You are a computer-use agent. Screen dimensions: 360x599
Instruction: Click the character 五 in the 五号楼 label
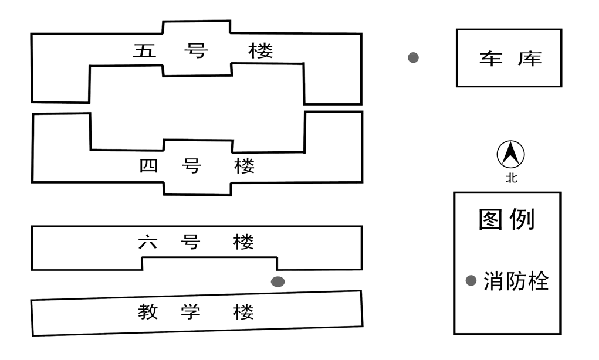tap(144, 50)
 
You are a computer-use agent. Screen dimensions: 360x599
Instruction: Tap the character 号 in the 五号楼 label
tap(195, 50)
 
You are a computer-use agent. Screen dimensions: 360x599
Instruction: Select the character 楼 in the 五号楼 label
tap(260, 50)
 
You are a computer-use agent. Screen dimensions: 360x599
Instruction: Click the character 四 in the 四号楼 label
tap(149, 166)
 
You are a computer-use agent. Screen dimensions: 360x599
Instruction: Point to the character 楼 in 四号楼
tap(245, 166)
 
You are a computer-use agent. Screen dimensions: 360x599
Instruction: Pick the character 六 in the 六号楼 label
tap(148, 242)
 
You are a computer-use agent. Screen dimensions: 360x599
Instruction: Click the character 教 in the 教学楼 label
tap(148, 311)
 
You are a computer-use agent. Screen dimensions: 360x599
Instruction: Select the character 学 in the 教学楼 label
tap(191, 311)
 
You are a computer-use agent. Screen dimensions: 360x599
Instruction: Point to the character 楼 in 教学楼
tap(243, 311)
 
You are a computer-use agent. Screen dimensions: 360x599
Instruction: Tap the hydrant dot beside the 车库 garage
tap(414, 57)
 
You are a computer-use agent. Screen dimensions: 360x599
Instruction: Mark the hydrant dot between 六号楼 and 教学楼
tap(278, 281)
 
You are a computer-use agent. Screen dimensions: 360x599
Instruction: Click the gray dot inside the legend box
tap(471, 281)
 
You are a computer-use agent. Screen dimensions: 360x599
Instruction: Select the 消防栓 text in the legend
tap(516, 281)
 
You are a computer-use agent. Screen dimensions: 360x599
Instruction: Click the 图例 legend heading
tap(506, 219)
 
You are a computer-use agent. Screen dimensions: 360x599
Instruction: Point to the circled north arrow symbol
tap(510, 154)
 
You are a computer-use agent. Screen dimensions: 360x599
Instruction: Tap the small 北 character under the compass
tap(512, 178)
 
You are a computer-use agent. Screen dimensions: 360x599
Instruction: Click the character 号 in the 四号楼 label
tap(191, 166)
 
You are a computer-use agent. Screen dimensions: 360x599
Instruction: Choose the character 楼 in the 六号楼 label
tap(243, 242)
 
